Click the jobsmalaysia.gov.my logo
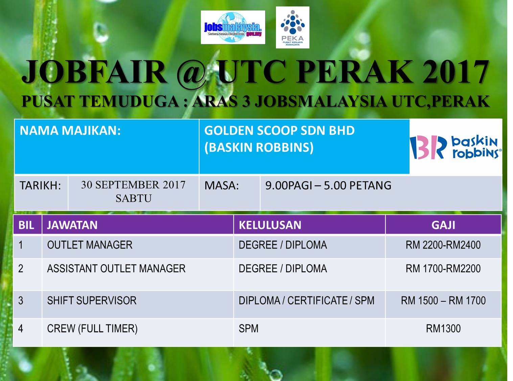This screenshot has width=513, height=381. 233,27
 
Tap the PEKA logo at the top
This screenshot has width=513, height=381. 293,27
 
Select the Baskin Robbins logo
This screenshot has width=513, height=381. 456,147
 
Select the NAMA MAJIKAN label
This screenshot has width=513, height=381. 70,131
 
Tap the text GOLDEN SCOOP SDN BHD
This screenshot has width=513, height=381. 279,130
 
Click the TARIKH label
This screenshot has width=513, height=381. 40,186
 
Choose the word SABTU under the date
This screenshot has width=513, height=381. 134,198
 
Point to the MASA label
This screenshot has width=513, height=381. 221,186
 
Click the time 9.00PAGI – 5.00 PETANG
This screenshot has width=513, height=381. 328,186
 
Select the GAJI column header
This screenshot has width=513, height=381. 443,225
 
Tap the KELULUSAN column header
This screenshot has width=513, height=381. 270,225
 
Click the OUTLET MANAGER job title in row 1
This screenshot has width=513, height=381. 90,245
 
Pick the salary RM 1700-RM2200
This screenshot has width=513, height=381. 443,269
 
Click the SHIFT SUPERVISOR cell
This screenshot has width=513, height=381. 92,301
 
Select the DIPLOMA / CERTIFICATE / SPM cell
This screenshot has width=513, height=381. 306,301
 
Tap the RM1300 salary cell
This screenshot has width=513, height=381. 443,329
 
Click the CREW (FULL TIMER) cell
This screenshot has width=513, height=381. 92,329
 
